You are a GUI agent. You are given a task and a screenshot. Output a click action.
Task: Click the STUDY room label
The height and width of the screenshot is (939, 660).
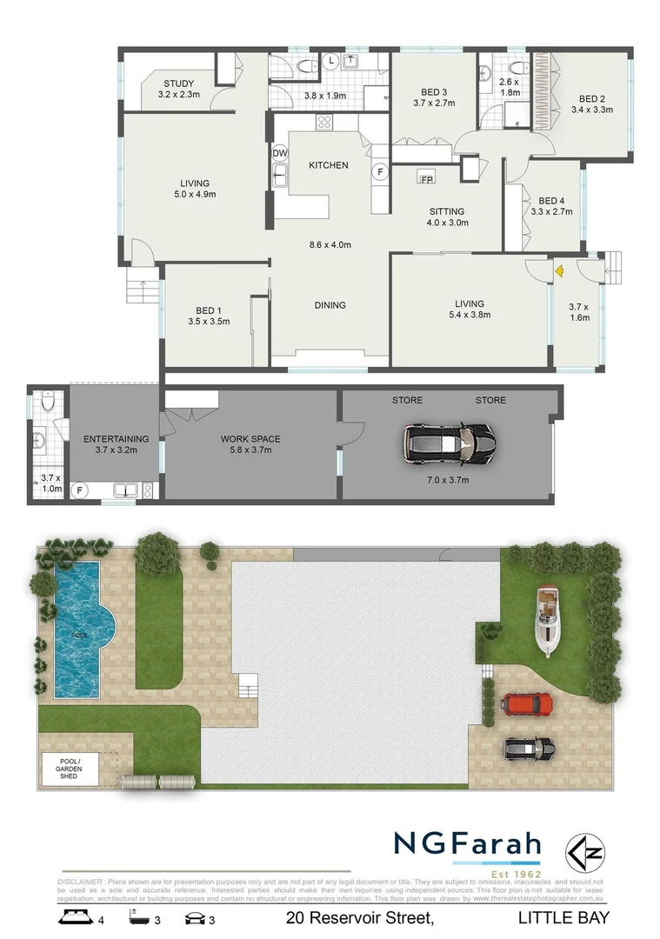click(179, 84)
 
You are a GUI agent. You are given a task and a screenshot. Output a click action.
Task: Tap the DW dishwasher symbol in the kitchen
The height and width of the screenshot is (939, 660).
click(279, 154)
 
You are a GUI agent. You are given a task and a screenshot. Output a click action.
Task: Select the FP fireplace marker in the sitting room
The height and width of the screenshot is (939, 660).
click(426, 179)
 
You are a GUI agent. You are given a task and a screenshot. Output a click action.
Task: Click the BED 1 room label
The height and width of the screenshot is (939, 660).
click(208, 310)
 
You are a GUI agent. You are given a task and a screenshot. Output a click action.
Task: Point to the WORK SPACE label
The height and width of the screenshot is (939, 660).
click(250, 439)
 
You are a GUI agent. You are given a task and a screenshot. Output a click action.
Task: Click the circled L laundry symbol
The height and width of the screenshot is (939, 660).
click(332, 60)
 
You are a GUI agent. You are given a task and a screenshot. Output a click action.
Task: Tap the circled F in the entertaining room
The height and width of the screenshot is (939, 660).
click(80, 490)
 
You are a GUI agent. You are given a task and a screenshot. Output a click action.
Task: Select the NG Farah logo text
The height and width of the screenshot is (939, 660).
click(467, 843)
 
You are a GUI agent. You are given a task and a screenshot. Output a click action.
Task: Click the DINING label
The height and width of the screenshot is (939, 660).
click(330, 305)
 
